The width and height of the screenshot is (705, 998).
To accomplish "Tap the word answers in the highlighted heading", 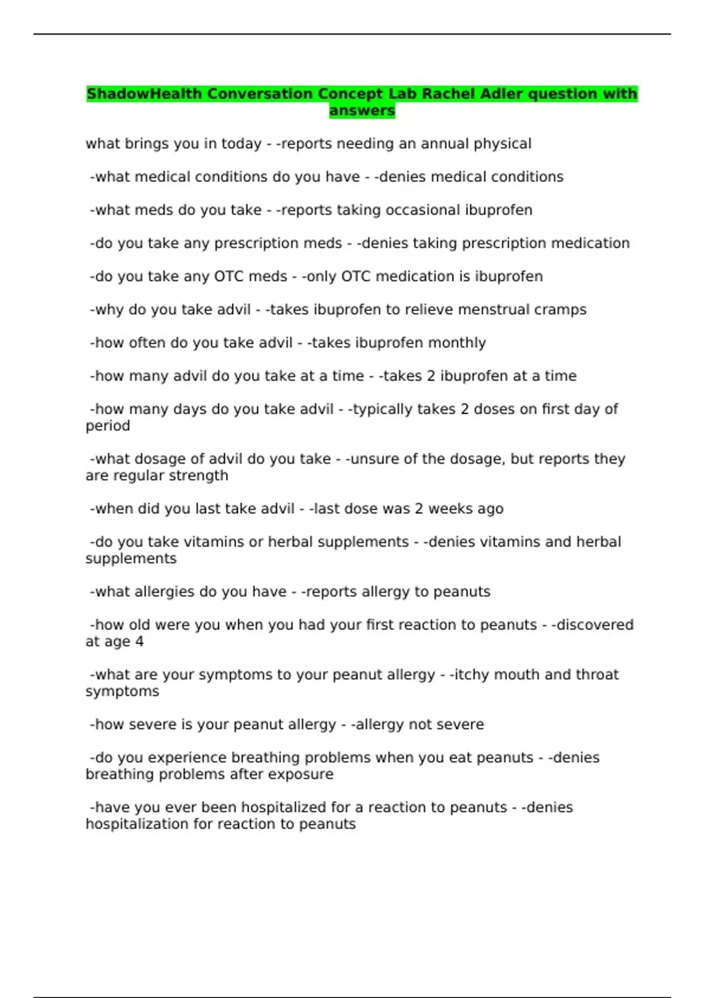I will click(362, 110).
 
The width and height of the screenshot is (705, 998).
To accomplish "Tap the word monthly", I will click(456, 343).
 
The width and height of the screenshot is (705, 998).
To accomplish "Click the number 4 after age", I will click(139, 642).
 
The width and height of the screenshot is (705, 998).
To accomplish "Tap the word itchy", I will click(469, 675).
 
